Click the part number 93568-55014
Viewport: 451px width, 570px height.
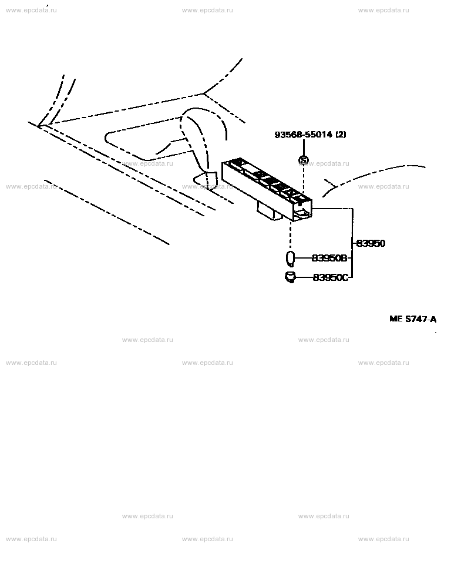click(303, 135)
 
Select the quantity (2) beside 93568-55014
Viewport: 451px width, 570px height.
click(341, 135)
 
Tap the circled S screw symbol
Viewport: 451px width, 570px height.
click(303, 160)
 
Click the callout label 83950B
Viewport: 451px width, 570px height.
click(329, 258)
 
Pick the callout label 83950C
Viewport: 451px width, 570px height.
click(331, 277)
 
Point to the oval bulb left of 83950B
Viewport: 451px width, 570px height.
click(290, 259)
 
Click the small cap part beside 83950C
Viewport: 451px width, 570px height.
click(290, 277)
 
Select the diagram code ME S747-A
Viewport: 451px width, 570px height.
click(413, 319)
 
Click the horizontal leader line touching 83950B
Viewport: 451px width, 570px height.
click(304, 258)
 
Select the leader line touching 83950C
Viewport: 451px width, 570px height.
click(304, 277)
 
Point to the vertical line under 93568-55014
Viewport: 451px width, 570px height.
click(303, 147)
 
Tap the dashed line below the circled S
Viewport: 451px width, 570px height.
click(303, 178)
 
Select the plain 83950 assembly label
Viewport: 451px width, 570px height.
click(371, 243)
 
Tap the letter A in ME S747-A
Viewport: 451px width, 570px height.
click(433, 319)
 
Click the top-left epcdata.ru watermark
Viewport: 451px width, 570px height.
click(31, 10)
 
